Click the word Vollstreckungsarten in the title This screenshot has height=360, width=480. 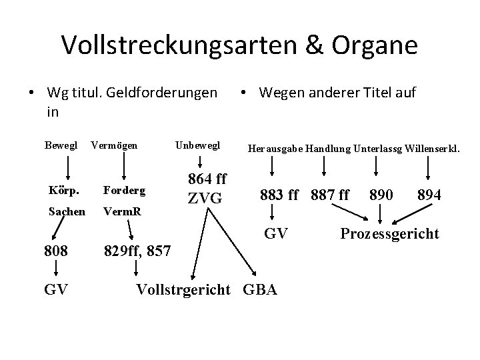(x=170, y=45)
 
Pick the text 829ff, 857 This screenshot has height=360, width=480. (x=139, y=252)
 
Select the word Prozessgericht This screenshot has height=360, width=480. (x=389, y=233)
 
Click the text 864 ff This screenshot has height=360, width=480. (x=208, y=181)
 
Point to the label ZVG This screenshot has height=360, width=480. (x=205, y=198)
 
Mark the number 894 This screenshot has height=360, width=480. (x=428, y=195)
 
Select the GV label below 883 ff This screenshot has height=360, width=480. (x=275, y=233)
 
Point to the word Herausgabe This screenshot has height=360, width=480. (x=275, y=149)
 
